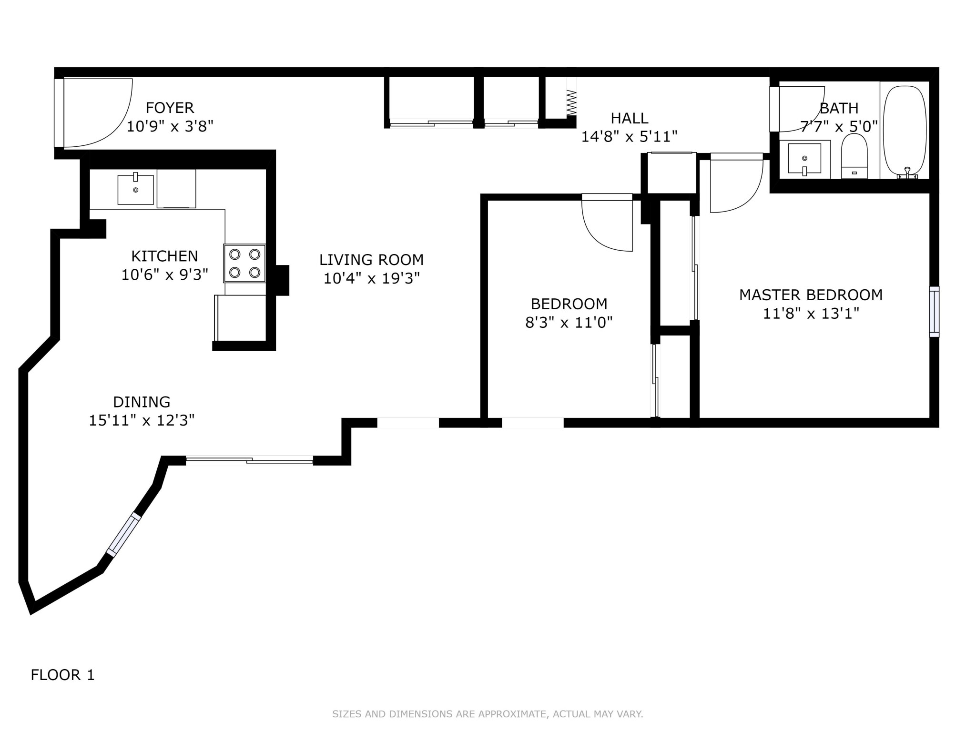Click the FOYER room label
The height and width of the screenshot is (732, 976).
point(170,108)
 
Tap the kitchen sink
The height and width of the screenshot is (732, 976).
point(136,189)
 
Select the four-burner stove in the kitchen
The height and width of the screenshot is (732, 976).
point(244,263)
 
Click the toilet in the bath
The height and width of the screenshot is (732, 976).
point(854,155)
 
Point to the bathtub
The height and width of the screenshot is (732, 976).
point(905,131)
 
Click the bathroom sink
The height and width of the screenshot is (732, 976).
point(804,158)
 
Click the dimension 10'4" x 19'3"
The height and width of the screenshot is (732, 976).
point(371,278)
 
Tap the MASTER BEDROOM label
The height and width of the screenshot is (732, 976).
point(811,295)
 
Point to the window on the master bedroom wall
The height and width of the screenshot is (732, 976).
point(934,312)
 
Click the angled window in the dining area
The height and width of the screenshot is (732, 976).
point(123,535)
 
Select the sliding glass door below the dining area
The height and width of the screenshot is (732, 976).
point(249,459)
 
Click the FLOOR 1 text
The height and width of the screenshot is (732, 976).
point(62,675)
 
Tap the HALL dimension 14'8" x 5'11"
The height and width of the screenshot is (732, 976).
point(629,137)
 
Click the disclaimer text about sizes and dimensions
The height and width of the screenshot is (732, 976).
point(488,714)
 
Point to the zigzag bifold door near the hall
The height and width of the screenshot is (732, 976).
point(571,103)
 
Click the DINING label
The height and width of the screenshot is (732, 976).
point(142,402)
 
